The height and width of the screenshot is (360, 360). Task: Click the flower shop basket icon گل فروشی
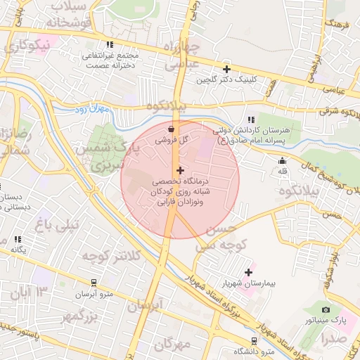click(172, 129)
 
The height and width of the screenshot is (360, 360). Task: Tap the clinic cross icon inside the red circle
click(181, 170)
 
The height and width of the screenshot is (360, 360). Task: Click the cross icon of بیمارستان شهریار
click(248, 272)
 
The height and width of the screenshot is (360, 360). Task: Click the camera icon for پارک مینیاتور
click(326, 309)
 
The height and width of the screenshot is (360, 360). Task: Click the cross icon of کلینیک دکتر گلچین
click(226, 69)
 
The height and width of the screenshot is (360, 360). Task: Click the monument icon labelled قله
click(283, 161)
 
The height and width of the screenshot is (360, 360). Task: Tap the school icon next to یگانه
click(16, 240)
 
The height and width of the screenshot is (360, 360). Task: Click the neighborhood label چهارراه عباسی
click(182, 56)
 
